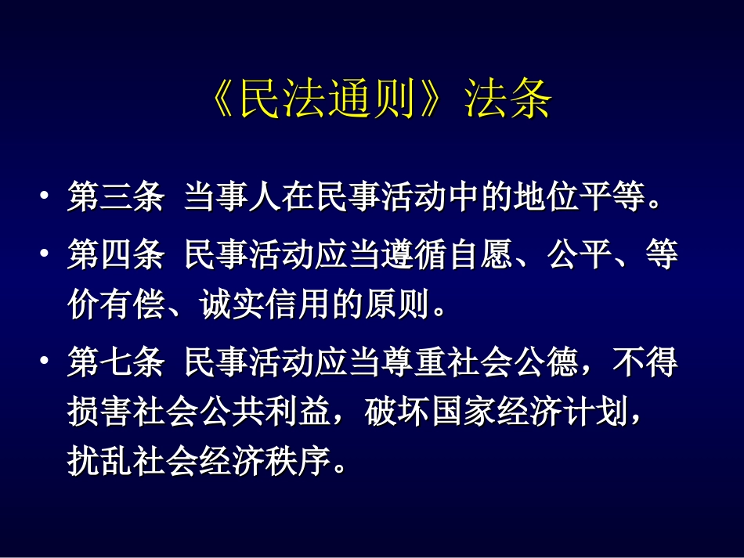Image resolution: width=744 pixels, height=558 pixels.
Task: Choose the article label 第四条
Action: tap(116, 257)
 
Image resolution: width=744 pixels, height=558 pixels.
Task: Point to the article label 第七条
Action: tap(116, 363)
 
